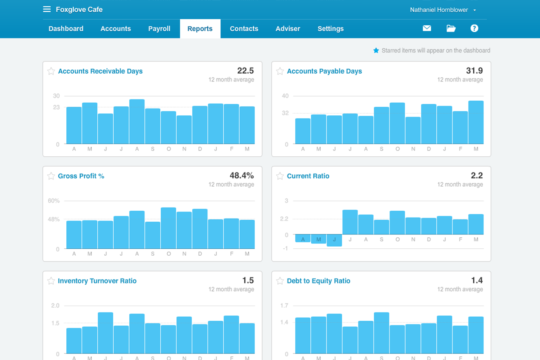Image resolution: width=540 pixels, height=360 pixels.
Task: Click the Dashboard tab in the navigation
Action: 66,29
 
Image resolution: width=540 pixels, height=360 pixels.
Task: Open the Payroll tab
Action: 159,29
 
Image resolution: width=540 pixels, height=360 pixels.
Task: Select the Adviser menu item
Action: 288,29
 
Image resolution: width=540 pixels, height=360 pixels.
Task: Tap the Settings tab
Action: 331,29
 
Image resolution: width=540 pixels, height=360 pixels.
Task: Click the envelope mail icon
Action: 427,28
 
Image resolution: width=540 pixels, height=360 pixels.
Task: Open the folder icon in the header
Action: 451,28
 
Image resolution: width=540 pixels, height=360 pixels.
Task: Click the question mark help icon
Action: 474,28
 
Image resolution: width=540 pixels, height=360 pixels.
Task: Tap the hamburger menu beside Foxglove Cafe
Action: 47,9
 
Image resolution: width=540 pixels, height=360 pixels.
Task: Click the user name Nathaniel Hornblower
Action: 439,10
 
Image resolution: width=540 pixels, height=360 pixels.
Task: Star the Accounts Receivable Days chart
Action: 51,71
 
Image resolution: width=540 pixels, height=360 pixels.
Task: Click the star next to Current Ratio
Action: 280,176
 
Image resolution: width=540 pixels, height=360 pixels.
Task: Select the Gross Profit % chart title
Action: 81,176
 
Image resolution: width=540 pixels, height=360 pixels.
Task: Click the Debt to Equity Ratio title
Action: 318,281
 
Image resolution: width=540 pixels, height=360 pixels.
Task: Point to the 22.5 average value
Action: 245,71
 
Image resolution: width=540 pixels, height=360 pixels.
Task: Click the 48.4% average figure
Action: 241,175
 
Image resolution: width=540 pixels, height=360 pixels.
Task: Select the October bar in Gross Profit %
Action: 169,228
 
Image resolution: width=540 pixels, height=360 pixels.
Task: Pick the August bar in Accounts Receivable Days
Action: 137,122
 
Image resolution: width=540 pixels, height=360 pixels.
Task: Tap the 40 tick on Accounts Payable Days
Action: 285,96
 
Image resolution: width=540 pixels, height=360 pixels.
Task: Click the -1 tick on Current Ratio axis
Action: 285,249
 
